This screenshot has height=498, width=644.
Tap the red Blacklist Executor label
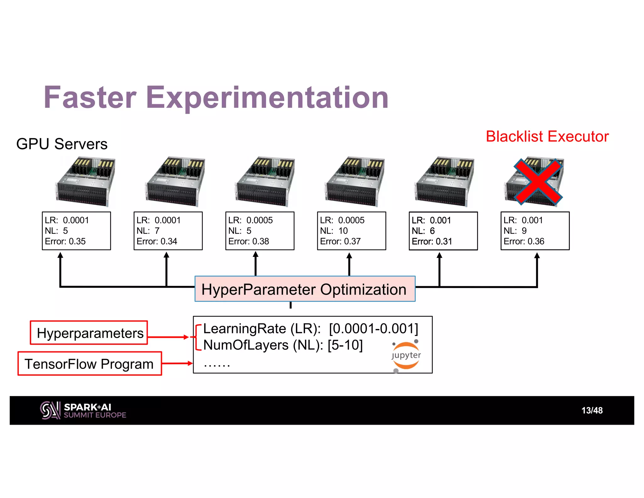tap(547, 137)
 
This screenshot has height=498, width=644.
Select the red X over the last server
tap(538, 182)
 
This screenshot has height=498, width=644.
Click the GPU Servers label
tap(62, 144)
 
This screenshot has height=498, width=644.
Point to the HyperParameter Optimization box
tap(305, 289)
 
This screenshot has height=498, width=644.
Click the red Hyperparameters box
tap(89, 333)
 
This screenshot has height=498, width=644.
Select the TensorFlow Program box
tap(90, 364)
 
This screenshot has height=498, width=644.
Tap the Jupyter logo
tap(406, 355)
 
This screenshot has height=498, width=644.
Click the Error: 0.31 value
tap(432, 241)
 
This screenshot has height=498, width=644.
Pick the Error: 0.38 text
tap(248, 241)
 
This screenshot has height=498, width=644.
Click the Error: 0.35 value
tap(65, 241)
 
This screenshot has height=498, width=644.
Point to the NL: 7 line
tap(148, 231)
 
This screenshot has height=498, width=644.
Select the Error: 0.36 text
tap(524, 241)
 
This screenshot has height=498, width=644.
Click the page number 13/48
tap(592, 410)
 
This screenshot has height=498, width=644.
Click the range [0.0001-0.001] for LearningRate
tap(373, 329)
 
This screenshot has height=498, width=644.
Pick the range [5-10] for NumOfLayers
tap(345, 345)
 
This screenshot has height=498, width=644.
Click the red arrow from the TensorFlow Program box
tap(177, 363)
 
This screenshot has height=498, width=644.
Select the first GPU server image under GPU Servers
tap(85, 182)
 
